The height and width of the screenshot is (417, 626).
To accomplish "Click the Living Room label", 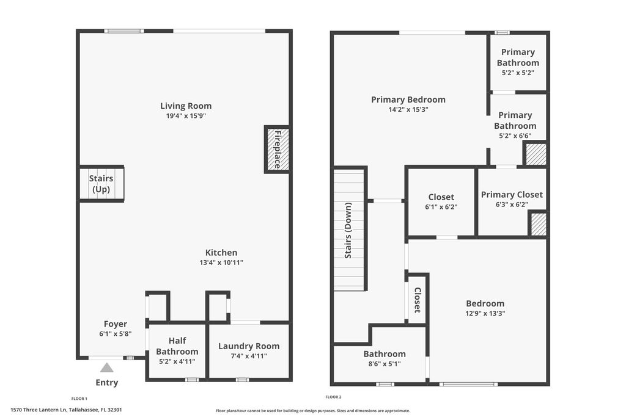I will click(186, 106).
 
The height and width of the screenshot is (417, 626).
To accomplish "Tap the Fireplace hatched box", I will click(277, 149).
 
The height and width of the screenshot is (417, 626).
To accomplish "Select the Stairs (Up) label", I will click(101, 184).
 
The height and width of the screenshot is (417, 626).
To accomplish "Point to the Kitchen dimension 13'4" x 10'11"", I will click(221, 263).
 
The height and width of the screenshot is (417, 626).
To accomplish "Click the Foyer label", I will click(116, 324).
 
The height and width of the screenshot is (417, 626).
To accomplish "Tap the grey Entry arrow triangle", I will click(106, 368).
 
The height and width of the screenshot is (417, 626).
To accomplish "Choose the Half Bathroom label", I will click(177, 346).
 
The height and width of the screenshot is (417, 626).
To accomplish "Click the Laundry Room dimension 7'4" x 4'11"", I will click(248, 356).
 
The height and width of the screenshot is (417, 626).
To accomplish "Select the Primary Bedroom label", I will click(408, 100).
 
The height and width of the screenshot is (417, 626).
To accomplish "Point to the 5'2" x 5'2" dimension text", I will click(518, 73).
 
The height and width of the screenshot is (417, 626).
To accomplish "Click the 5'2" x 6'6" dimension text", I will click(515, 136).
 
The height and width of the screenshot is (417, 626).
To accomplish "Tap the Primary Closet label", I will click(512, 195).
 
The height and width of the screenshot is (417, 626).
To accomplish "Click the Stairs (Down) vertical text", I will click(348, 231).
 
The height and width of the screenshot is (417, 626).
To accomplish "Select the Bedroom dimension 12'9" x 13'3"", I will click(485, 314).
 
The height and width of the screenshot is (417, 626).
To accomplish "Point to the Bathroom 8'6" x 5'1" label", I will click(385, 354).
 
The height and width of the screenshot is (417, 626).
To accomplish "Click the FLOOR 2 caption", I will click(333, 397).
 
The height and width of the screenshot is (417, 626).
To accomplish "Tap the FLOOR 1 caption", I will click(79, 398).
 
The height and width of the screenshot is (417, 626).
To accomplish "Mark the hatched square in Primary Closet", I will click(537, 224).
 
